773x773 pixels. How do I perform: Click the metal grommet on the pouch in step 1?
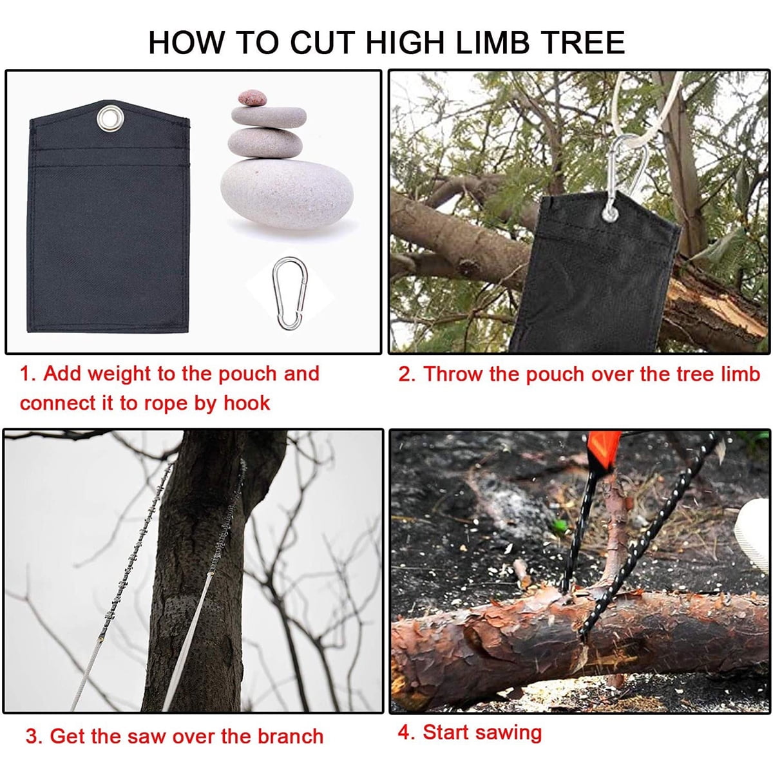(107, 119)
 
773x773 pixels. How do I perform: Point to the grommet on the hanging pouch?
(609, 213)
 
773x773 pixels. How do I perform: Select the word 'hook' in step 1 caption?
(247, 403)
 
